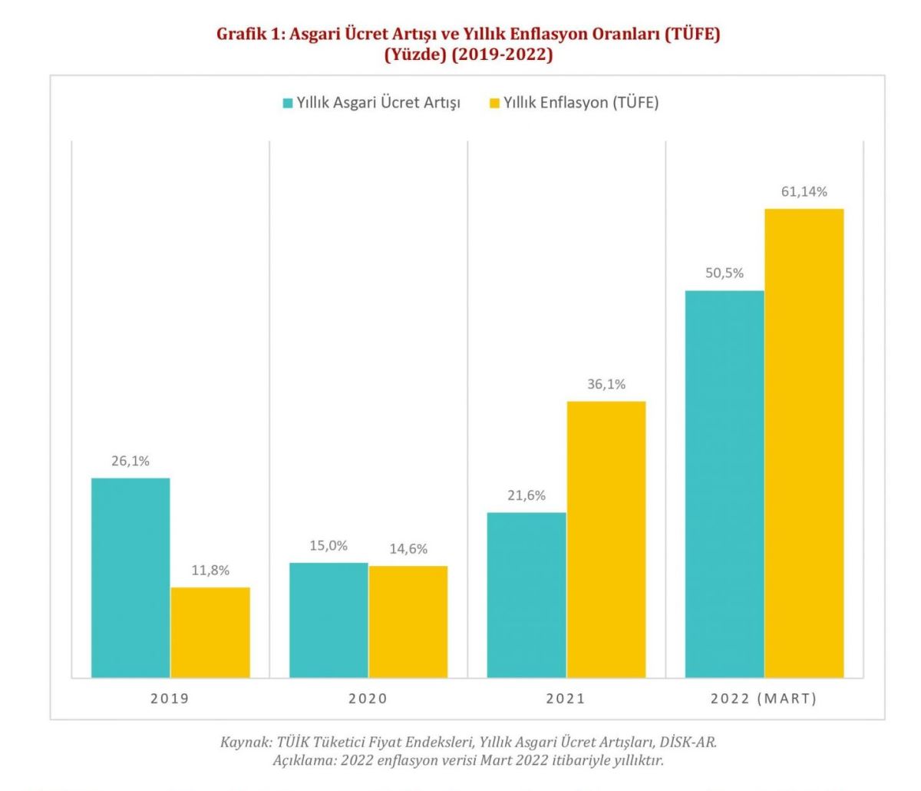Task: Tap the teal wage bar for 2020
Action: point(328,620)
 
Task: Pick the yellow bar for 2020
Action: point(408,621)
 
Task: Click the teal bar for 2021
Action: point(527,594)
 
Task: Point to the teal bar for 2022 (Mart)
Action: point(725,484)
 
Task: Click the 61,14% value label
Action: point(804,192)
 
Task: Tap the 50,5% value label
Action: point(725,273)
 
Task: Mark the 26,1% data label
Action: point(130,462)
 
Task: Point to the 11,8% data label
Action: point(210,571)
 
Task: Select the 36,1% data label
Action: point(606,385)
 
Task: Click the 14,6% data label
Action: point(408,549)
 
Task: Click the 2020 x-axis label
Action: point(368,699)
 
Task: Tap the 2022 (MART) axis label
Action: point(764,699)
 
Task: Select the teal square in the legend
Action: point(288,103)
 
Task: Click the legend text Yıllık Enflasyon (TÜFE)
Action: point(581,103)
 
